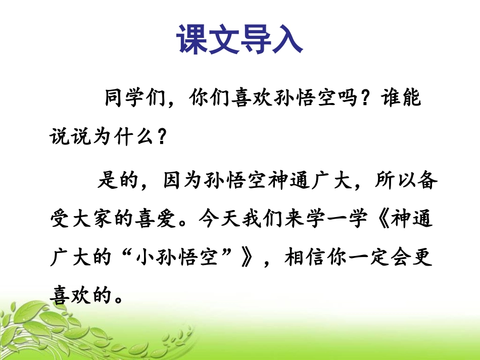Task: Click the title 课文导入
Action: coord(239,39)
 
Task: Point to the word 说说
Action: coord(70,136)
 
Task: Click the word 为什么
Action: coord(123,136)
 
